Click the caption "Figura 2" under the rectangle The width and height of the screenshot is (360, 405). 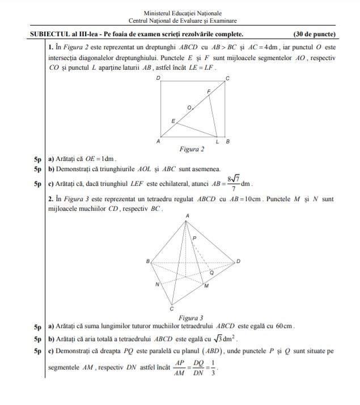[x=192, y=150]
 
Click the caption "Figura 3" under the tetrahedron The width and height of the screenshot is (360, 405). [x=191, y=318]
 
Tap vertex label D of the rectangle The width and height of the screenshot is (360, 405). [x=158, y=77]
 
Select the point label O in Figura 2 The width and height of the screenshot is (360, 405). [x=189, y=107]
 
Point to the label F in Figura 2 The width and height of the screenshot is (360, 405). [x=209, y=91]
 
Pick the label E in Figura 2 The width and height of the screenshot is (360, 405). [x=173, y=121]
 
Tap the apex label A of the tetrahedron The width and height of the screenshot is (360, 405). [x=187, y=216]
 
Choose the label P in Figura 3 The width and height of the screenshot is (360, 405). [x=194, y=239]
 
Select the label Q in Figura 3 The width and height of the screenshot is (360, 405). [x=211, y=272]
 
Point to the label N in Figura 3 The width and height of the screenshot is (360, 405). [x=157, y=284]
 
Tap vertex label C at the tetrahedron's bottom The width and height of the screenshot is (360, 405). [x=171, y=309]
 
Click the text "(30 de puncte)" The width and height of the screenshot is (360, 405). [x=314, y=34]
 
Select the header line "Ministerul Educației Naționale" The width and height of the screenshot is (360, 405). [x=183, y=13]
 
